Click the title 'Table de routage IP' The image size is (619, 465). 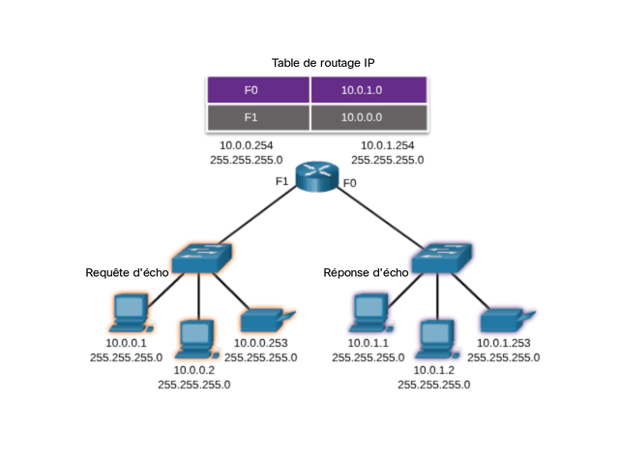point(323,63)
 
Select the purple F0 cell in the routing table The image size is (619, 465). point(258,90)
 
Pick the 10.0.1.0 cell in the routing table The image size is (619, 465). point(369,90)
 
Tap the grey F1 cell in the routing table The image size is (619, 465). point(258,117)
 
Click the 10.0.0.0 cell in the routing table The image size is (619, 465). point(369,117)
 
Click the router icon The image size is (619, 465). point(317,176)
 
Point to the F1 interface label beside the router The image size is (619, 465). point(281,181)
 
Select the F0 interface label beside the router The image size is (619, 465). point(350,183)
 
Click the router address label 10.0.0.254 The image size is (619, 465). point(247,145)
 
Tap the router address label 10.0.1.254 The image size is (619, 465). point(388,145)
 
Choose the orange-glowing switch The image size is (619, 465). point(202,259)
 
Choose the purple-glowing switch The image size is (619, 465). point(441,259)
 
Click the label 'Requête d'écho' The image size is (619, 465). point(127,272)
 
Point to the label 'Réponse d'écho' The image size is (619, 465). point(366,272)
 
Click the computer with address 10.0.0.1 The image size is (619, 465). point(131,313)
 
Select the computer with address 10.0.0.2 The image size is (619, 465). point(197,339)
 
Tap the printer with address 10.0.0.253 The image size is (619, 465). point(268,321)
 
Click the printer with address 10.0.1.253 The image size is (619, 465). point(508,321)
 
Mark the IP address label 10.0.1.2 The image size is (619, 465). point(434,370)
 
